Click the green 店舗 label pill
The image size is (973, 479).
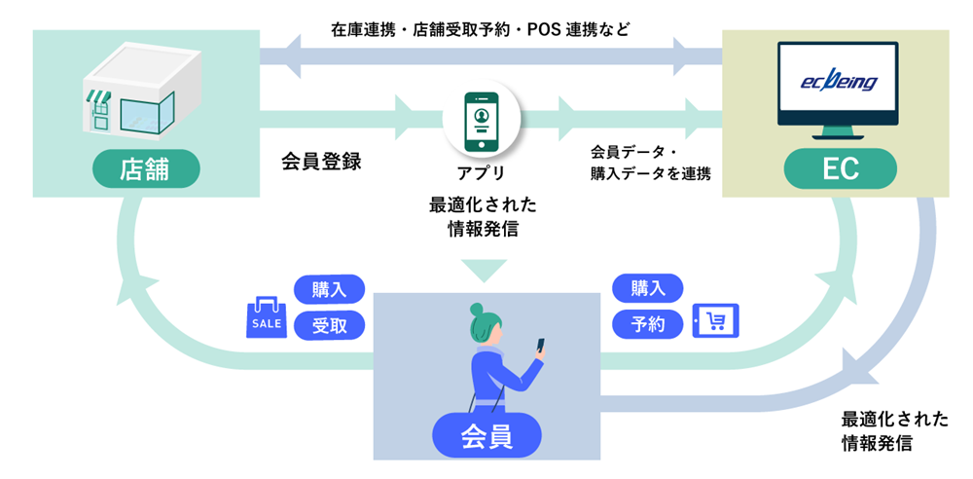tap(146, 169)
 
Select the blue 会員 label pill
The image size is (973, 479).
tap(486, 437)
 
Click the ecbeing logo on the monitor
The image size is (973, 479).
tap(836, 83)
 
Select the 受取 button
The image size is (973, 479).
tap(329, 323)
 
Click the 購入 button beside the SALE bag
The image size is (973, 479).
tap(329, 289)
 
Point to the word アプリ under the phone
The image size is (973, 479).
tap(481, 174)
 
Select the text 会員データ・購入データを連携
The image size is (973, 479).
tap(650, 163)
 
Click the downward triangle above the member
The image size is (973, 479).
tap(483, 269)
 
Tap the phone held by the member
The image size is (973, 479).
tap(540, 346)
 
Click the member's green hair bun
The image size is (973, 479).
tap(477, 310)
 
